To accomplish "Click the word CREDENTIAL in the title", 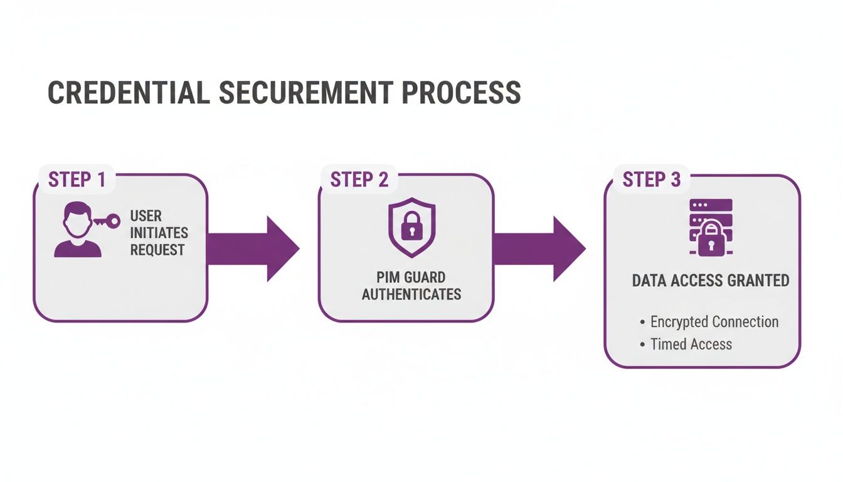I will (x=129, y=93).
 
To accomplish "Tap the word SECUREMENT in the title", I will (x=305, y=93).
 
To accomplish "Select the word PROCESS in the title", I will (x=461, y=93).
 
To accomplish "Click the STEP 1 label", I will (x=77, y=179).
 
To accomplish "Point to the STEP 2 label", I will (x=359, y=179).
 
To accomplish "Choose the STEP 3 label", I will (x=651, y=180).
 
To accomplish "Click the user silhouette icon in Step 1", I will (x=78, y=230).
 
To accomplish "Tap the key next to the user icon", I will (x=108, y=221).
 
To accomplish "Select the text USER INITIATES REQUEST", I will (x=159, y=233).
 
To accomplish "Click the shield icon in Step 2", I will (x=411, y=227).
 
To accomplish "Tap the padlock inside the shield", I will (x=411, y=227).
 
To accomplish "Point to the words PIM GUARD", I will (x=411, y=277).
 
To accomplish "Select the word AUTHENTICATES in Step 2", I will (x=411, y=294).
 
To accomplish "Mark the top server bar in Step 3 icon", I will (x=711, y=205).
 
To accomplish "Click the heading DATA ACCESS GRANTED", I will (x=711, y=281).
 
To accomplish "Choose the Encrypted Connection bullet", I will (x=714, y=322).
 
